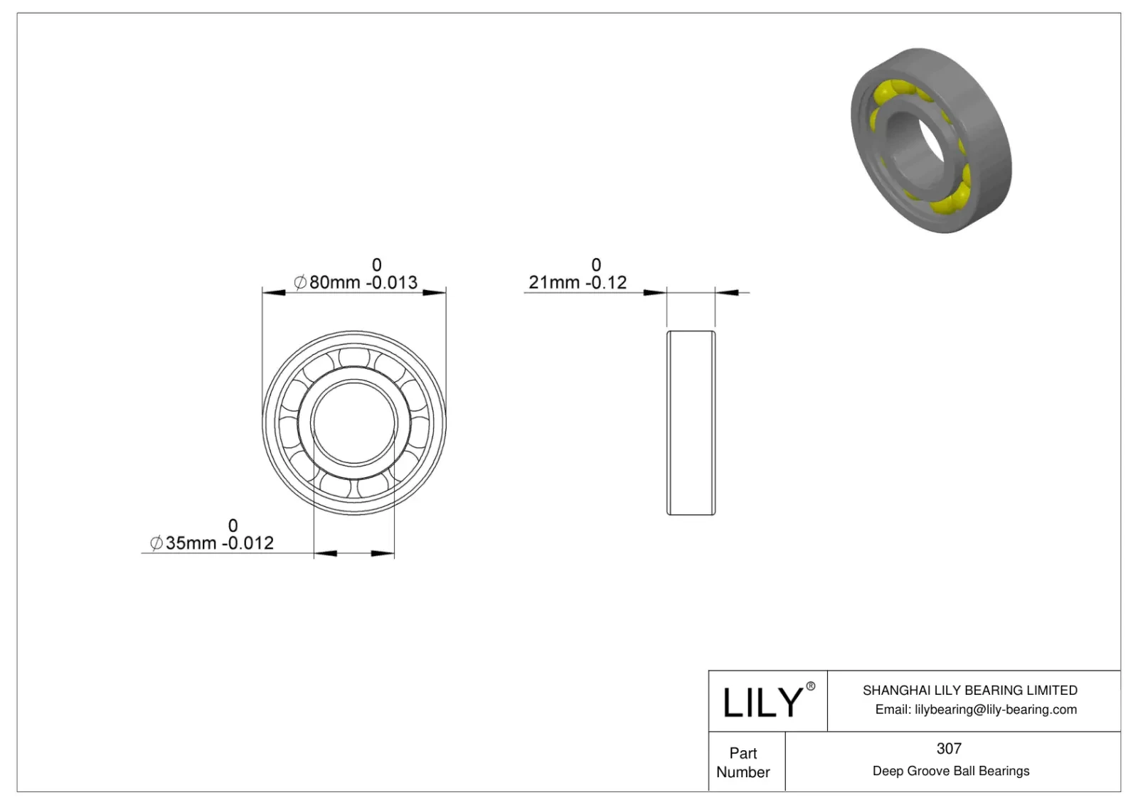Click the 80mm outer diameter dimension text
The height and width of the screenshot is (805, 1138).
334,283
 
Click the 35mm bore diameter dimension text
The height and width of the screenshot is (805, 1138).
191,543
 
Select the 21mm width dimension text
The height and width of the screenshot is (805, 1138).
554,283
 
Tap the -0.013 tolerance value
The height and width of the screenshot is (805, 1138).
392,283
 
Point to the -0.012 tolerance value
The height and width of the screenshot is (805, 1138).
248,543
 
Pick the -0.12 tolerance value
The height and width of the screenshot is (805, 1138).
607,283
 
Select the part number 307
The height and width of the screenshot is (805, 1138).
949,749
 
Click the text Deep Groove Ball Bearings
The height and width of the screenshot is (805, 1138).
950,772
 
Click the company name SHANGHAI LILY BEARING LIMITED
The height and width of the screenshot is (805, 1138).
969,691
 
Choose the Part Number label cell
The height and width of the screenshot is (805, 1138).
743,762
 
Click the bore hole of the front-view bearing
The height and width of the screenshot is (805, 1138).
353,422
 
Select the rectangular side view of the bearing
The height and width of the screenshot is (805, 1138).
691,422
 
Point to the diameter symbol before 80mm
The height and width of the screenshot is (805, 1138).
300,283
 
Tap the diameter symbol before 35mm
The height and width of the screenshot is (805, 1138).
156,543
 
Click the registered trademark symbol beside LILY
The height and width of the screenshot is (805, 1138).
810,687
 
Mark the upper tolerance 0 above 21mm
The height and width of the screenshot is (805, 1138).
596,265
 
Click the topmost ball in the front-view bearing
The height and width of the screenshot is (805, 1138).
354,356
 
